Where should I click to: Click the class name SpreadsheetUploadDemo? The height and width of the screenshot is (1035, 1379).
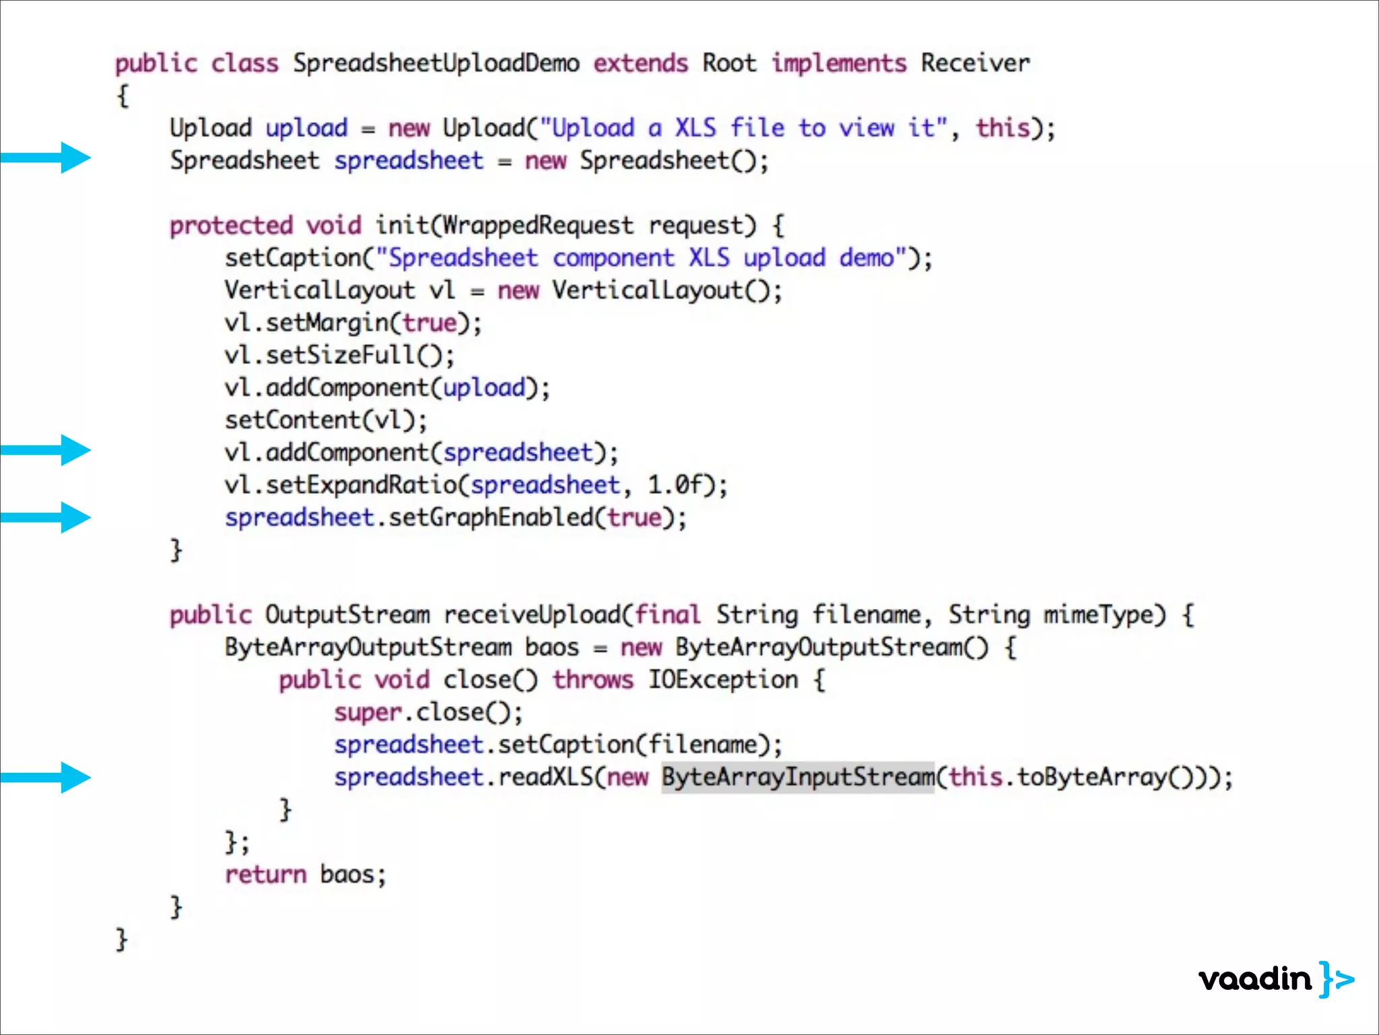click(436, 63)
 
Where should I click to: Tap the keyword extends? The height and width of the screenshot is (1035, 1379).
click(640, 63)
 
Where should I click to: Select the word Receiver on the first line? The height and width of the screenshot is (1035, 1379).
click(975, 63)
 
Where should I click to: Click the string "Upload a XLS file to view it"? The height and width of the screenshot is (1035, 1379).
click(743, 128)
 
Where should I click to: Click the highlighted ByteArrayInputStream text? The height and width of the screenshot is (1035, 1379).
click(798, 778)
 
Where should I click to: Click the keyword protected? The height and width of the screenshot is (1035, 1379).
click(231, 226)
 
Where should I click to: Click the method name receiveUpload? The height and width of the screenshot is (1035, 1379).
click(532, 615)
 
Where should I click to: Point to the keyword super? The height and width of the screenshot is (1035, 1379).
click(368, 713)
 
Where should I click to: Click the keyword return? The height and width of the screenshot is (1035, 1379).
click(265, 875)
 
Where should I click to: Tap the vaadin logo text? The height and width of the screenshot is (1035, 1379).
click(1255, 979)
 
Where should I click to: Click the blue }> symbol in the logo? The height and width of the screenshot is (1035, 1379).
click(1337, 979)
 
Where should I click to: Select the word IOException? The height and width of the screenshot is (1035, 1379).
click(723, 680)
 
